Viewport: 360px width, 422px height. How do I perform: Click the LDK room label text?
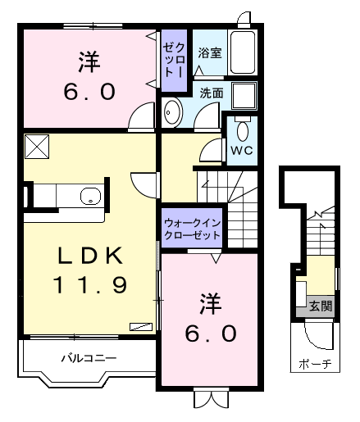click(90, 256)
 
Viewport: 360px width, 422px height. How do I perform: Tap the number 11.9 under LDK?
click(90, 285)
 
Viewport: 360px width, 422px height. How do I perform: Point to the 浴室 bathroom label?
click(210, 54)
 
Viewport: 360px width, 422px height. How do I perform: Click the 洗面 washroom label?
click(212, 93)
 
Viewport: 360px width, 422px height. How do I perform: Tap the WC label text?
click(241, 152)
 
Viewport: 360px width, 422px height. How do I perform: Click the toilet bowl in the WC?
click(242, 131)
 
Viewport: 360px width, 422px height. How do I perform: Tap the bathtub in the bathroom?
click(244, 53)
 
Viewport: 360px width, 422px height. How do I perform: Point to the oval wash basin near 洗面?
click(173, 114)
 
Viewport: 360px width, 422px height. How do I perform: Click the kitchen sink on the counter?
click(90, 197)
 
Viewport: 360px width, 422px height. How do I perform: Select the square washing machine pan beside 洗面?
click(243, 96)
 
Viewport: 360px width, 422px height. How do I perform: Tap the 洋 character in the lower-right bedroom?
click(208, 302)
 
